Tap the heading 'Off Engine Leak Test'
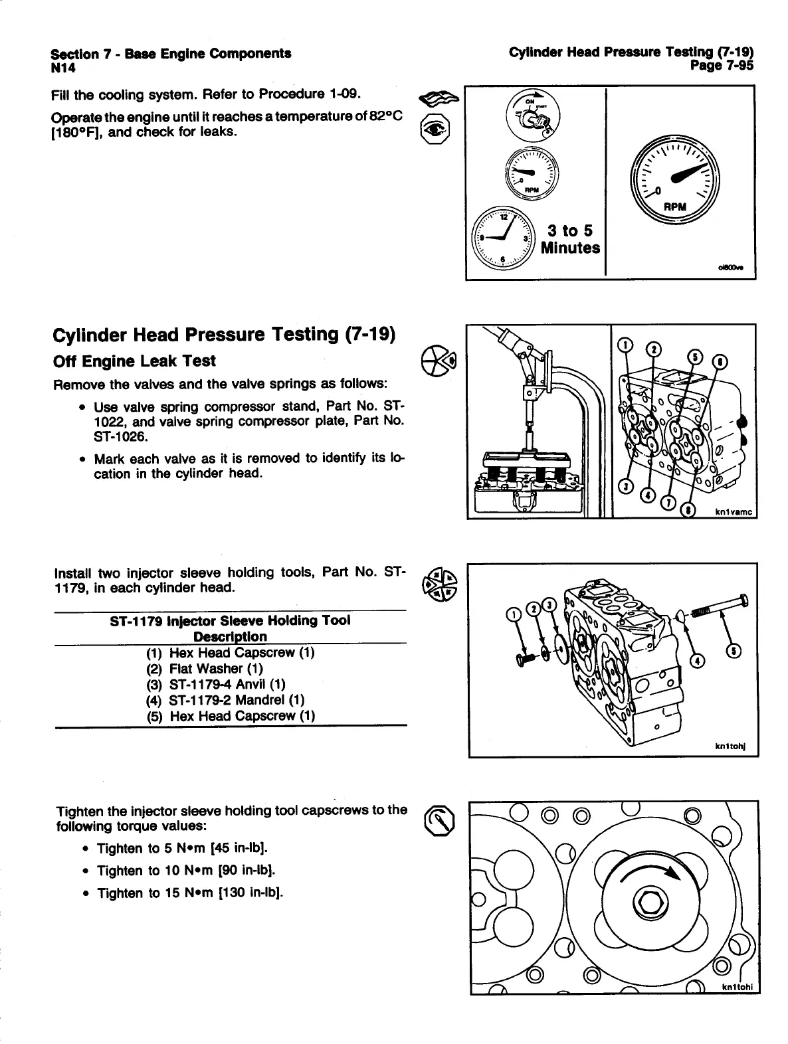click(x=134, y=361)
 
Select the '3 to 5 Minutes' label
click(x=570, y=240)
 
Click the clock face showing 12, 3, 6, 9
click(x=503, y=237)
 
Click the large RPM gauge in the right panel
click(x=674, y=175)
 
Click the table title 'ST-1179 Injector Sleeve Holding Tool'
click(x=230, y=620)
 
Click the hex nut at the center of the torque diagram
click(x=644, y=901)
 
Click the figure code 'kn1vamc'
click(x=734, y=511)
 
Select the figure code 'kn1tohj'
click(x=731, y=747)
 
